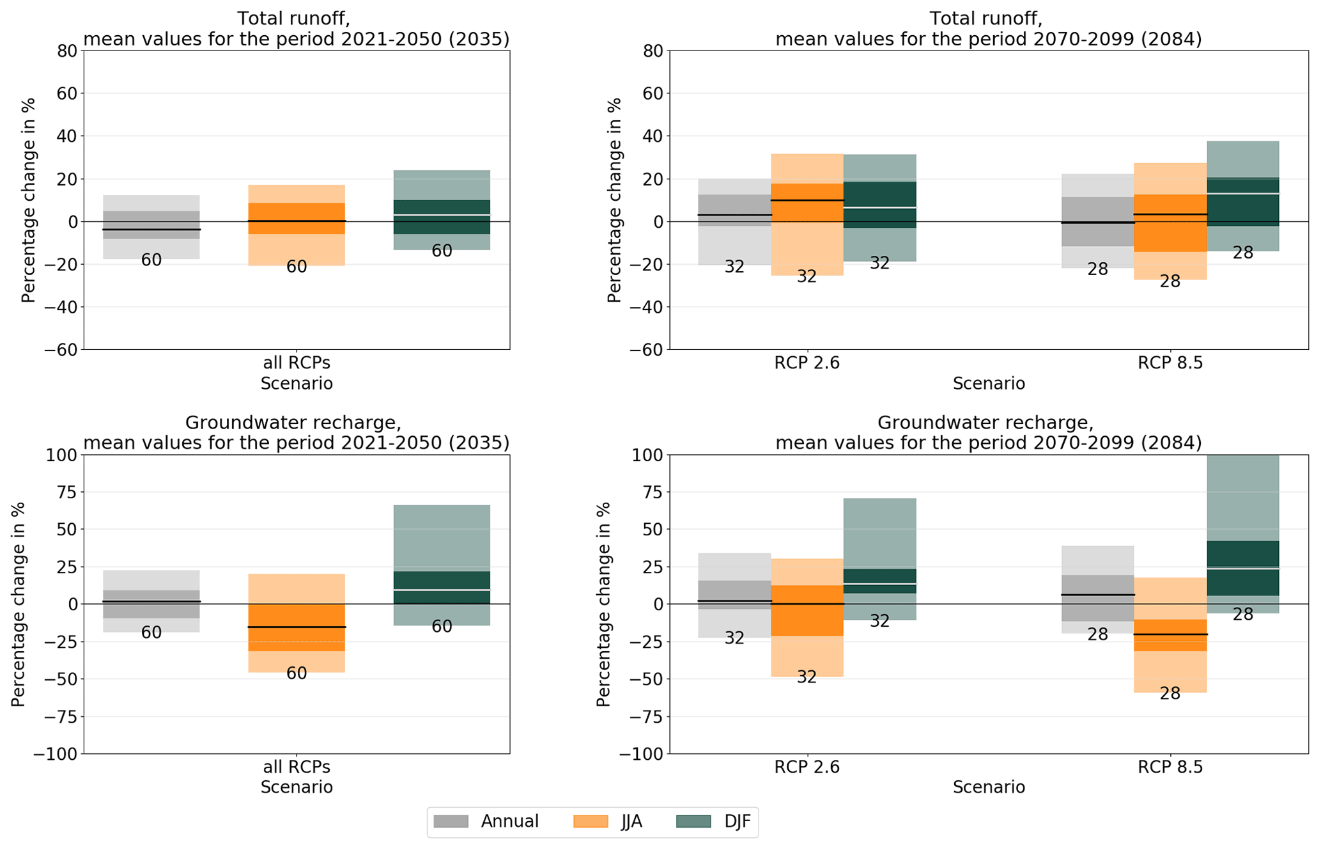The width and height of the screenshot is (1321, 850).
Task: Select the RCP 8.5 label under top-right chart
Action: (x=1170, y=363)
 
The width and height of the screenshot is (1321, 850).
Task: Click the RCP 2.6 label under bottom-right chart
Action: (x=807, y=767)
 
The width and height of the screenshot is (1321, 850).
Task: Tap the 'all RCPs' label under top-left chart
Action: (x=297, y=363)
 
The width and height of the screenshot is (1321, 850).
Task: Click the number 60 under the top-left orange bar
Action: (x=297, y=267)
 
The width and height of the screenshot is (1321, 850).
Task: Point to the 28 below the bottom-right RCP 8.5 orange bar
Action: (x=1170, y=694)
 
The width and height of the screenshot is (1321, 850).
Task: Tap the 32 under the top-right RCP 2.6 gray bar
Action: (x=734, y=267)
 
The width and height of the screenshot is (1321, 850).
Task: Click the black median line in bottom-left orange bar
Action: (x=297, y=627)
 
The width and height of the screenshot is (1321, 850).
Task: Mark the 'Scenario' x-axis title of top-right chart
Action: (x=989, y=384)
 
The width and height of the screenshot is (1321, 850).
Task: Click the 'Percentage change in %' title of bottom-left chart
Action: (x=19, y=604)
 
